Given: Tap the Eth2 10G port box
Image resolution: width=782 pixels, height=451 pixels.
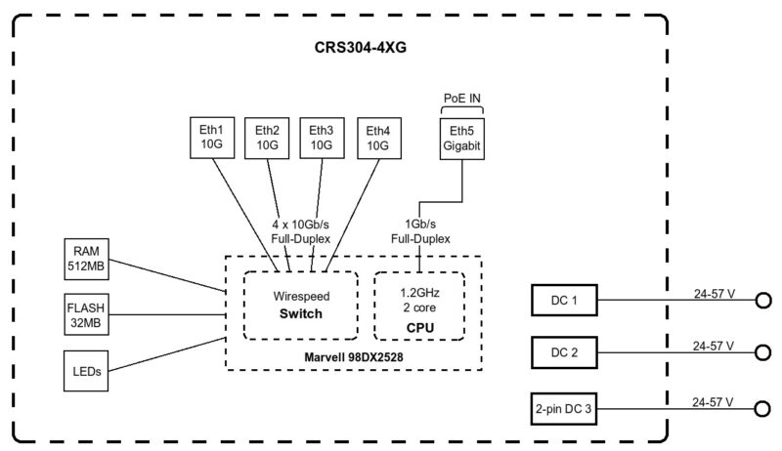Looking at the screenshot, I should coord(268,137).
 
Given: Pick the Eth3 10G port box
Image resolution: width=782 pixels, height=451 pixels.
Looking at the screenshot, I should coord(322,137).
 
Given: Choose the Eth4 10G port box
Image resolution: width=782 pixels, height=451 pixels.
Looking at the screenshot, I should coord(377,137).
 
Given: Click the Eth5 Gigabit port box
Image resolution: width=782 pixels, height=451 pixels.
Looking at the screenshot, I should coord(460,137).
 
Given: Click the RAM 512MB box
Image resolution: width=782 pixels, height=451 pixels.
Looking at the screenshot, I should coord(84,257).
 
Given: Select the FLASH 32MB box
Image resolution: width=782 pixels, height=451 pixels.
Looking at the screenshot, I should coord(84,314).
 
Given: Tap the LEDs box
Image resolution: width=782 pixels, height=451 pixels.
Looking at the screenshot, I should coord(84,371).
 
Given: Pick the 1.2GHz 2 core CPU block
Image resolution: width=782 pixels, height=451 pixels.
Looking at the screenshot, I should coord(420,304).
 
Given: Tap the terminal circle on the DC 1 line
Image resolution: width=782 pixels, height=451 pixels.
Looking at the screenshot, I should coord(762,301).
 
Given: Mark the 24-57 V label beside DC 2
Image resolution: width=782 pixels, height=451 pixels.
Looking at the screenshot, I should coord(713,346).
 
